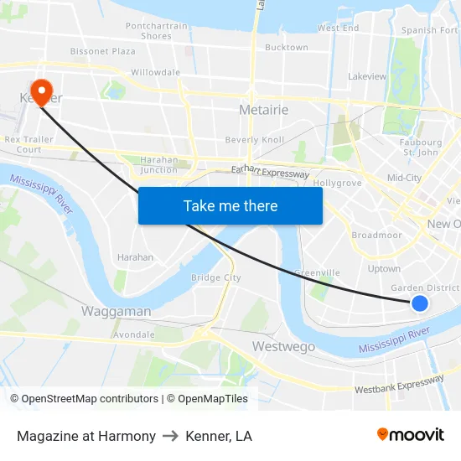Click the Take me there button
[230, 205]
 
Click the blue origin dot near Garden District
[420, 303]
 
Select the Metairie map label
[263, 110]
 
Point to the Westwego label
[283, 346]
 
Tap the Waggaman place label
[116, 311]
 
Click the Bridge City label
[215, 277]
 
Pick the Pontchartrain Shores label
[156, 31]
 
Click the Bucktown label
[286, 48]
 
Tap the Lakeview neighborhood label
[367, 76]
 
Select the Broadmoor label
[376, 236]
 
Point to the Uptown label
[384, 269]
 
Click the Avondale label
[134, 334]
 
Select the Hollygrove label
[337, 183]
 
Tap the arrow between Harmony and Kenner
[170, 436]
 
